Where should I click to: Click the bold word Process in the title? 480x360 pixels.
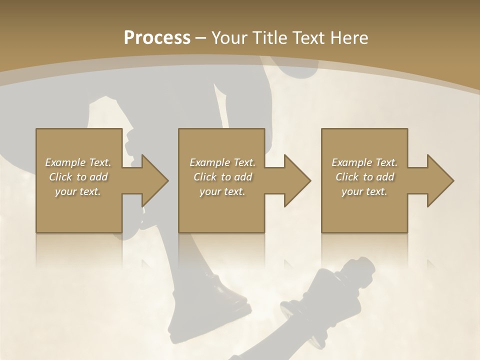157,38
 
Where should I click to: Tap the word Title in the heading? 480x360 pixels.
270,38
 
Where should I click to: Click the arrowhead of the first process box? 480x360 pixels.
152,180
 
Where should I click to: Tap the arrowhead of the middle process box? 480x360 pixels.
295,180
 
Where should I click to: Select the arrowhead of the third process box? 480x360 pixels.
438,180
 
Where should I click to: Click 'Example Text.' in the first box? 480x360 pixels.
78,162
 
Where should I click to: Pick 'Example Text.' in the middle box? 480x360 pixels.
222,162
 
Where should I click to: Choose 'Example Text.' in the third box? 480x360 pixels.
364,162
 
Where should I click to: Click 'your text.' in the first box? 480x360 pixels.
78,191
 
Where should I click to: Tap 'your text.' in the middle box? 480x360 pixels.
222,191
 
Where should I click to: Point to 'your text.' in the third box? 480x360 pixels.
364,191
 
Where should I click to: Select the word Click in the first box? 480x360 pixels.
60,177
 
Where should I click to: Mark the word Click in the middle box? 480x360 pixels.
205,177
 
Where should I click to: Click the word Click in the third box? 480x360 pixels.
347,177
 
